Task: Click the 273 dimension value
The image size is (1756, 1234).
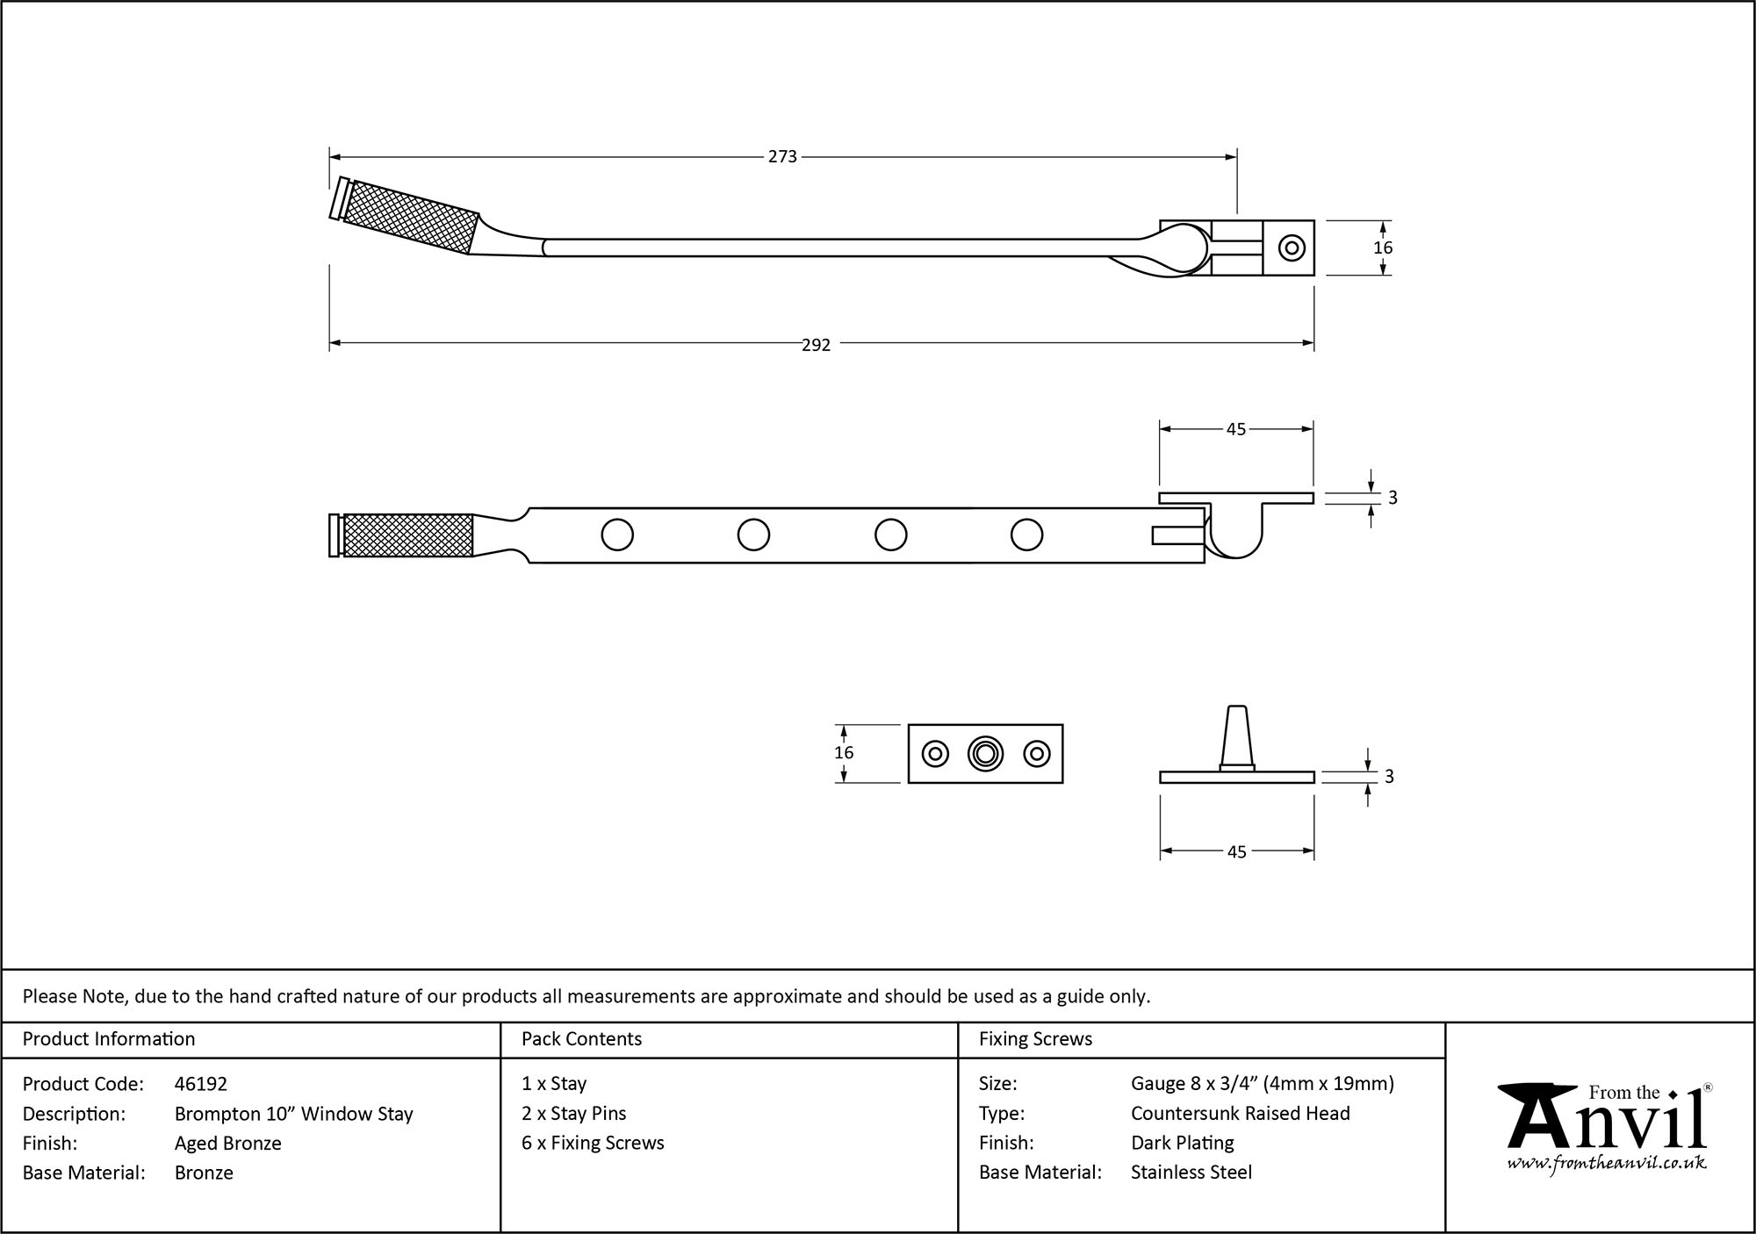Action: (x=782, y=157)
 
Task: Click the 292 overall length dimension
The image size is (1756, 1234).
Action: (x=816, y=345)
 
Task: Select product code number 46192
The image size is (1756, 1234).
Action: (x=200, y=1084)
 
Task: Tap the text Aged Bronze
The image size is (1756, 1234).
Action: (x=228, y=1143)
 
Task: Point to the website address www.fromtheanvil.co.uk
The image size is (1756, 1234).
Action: (x=1607, y=1163)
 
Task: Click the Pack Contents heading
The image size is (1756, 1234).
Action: (x=581, y=1039)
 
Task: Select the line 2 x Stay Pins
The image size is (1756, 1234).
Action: (x=574, y=1113)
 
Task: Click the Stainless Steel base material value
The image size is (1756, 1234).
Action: (x=1191, y=1172)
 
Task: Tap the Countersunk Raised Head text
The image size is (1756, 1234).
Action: (x=1240, y=1113)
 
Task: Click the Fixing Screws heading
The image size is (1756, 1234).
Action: (x=1035, y=1039)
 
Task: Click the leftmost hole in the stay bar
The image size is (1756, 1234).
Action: (x=617, y=534)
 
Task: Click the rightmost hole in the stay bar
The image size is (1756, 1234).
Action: (x=1026, y=534)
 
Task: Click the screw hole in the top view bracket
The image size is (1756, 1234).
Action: (x=1292, y=248)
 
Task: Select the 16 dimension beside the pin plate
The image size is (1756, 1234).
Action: (x=844, y=753)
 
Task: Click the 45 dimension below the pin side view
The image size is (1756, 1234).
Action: (x=1236, y=852)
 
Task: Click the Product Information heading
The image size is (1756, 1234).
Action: (x=109, y=1039)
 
